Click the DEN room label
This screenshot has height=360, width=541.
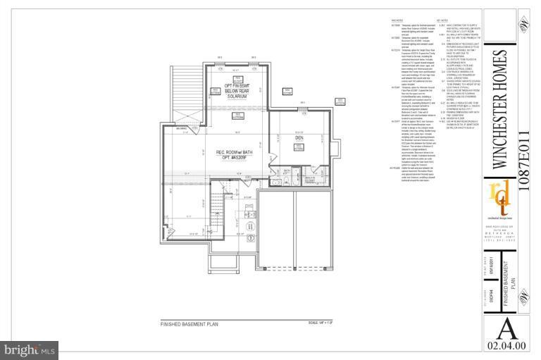pos(299,137)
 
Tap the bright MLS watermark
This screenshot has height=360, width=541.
pos(30,349)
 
